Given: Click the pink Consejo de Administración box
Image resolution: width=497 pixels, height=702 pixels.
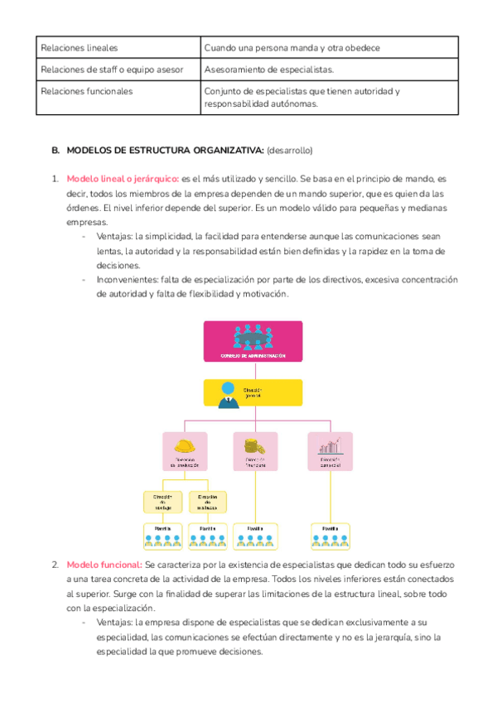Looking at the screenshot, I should pyautogui.click(x=253, y=341).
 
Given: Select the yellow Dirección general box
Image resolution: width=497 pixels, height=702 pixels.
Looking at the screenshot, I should pyautogui.click(x=253, y=393).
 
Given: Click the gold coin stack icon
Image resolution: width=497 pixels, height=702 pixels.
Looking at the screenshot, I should pyautogui.click(x=254, y=445).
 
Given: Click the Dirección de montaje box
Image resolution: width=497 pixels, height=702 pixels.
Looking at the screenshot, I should pyautogui.click(x=162, y=501).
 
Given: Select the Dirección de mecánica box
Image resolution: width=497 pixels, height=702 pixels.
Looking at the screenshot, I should pyautogui.click(x=207, y=501).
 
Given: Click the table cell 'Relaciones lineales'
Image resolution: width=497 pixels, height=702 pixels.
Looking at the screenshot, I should pyautogui.click(x=80, y=48).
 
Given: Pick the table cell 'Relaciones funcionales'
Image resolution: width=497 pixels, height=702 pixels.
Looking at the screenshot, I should pyautogui.click(x=86, y=91).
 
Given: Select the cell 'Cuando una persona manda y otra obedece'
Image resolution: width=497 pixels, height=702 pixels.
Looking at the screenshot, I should pyautogui.click(x=292, y=48).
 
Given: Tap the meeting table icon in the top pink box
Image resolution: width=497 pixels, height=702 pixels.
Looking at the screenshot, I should pyautogui.click(x=253, y=335).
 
